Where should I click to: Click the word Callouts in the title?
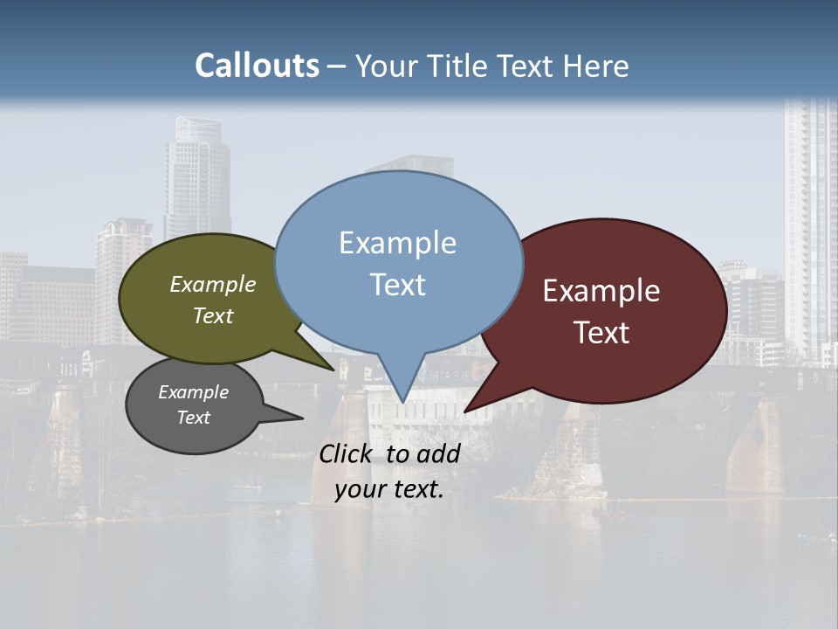click(x=257, y=66)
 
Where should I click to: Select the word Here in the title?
click(x=597, y=66)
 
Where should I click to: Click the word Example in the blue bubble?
click(x=397, y=243)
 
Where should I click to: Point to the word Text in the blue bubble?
click(x=397, y=284)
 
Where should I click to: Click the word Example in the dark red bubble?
click(x=601, y=291)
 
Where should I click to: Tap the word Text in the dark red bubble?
click(x=601, y=332)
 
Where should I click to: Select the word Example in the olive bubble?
click(x=212, y=285)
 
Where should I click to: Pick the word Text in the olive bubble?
click(x=212, y=315)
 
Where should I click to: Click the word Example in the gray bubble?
click(x=193, y=392)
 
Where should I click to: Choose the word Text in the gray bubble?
click(x=193, y=418)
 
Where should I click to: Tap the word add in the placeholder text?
click(x=438, y=453)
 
